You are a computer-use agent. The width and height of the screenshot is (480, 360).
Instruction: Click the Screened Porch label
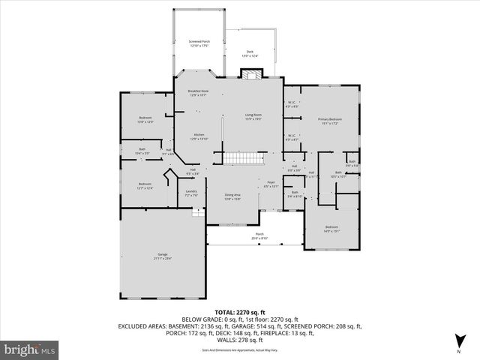[199, 43]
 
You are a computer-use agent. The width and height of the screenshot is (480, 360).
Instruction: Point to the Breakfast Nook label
[198, 93]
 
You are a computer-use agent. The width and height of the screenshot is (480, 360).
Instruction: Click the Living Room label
[253, 116]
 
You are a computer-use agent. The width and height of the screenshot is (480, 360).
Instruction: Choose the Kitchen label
[198, 136]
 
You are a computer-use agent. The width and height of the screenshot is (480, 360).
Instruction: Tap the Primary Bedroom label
[329, 121]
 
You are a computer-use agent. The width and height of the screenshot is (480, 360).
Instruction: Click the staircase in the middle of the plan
[241, 157]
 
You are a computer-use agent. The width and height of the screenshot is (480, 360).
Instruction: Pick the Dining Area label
[232, 197]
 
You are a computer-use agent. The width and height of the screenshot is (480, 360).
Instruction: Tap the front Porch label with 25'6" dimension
[259, 235]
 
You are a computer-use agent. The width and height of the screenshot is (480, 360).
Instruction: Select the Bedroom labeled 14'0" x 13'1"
[331, 229]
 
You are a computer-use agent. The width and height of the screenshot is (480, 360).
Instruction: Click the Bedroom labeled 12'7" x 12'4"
[145, 186]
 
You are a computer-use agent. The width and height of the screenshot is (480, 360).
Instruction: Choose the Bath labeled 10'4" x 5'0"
[142, 151]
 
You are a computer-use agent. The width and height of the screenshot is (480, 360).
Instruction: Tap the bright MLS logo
[30, 349]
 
